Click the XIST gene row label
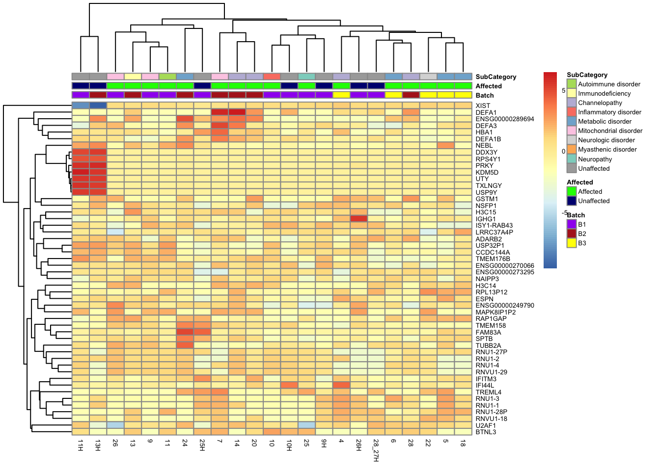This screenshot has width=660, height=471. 483,105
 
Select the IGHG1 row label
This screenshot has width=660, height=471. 486,219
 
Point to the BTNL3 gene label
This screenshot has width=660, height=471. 486,432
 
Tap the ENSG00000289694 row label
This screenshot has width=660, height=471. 505,119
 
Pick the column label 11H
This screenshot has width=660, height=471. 81,445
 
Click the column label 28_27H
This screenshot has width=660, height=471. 376,450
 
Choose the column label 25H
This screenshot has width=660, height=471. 202,445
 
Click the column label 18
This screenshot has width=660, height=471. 463,444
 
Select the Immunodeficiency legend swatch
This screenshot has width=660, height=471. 572,93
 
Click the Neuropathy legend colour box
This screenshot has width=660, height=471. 572,159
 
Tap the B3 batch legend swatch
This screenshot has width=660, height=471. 572,243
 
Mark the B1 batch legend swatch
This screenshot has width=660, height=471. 572,224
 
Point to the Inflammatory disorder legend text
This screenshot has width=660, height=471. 609,112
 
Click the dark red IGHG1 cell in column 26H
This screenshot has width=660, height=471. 358,219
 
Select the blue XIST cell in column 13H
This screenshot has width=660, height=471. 98,105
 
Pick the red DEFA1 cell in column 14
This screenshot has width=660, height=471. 237,112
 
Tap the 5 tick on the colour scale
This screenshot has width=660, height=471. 563,91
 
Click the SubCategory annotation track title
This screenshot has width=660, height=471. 495,77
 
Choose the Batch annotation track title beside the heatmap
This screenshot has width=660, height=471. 484,95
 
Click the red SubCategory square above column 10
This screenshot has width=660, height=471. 272,77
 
